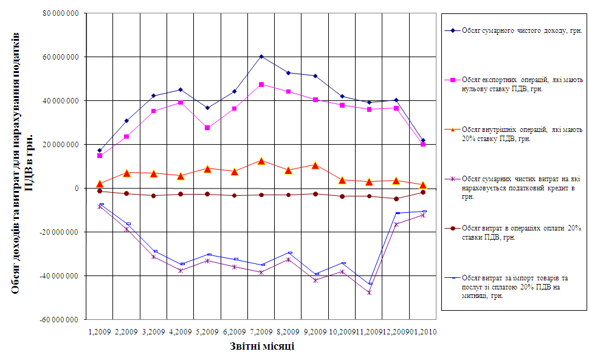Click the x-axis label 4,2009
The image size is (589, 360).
point(181,332)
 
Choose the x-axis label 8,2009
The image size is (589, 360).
point(288,332)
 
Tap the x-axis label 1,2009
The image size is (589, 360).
point(100,332)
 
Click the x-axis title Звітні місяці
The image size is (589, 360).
point(262,347)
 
